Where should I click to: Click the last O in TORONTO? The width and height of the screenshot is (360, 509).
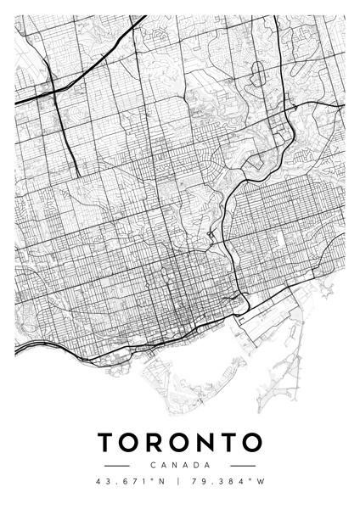point(253,443)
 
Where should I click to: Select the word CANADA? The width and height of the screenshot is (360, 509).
point(180,466)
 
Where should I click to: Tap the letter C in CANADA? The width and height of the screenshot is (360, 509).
point(152,466)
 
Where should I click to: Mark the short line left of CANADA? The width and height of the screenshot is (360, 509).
point(116,466)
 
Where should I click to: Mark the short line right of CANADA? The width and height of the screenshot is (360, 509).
point(243,466)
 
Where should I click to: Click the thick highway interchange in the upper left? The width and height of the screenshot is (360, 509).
point(53,89)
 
